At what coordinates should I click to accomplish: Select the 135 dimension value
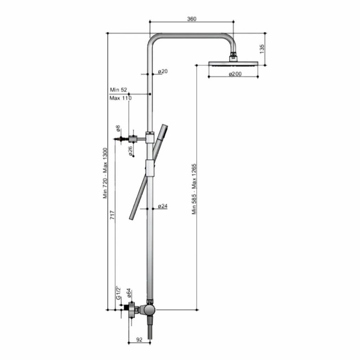point(262,48)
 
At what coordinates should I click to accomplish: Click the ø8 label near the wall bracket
point(118,128)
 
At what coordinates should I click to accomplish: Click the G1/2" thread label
point(118,293)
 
